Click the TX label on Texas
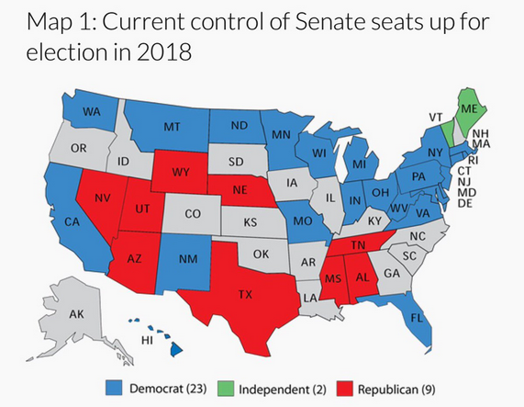[246, 296]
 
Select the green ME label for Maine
[469, 108]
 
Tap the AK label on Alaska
[77, 314]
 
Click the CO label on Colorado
[192, 214]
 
